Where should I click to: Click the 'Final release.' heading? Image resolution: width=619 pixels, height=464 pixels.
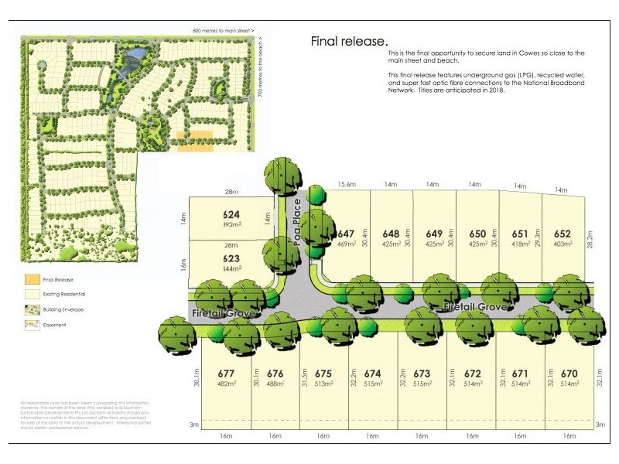pos(349,40)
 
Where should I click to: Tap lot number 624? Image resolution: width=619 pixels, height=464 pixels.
pos(231,215)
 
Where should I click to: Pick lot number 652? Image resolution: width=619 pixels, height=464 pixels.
pos(563,234)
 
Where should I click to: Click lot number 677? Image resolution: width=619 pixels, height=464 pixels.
pos(226,374)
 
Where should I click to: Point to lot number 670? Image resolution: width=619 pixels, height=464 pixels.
pos(569,374)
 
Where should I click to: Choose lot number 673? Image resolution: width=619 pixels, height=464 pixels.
pos(422,374)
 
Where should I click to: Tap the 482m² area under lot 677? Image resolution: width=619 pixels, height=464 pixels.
pos(226,384)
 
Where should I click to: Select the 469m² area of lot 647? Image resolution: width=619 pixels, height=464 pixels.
pos(346,244)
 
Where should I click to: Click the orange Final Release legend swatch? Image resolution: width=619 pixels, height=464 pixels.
pos(30,279)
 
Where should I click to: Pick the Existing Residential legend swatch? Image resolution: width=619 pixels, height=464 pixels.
pos(30,294)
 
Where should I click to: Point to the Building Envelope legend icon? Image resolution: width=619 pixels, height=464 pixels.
pos(30,309)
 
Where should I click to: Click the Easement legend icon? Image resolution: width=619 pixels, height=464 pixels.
pos(30,325)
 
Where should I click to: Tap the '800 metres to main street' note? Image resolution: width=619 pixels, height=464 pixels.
pos(224,30)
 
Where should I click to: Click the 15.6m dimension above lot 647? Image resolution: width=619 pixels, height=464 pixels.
pos(347,185)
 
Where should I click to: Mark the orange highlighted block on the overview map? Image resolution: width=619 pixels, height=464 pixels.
pos(194,142)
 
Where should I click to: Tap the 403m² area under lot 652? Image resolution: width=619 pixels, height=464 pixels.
pos(563,244)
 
